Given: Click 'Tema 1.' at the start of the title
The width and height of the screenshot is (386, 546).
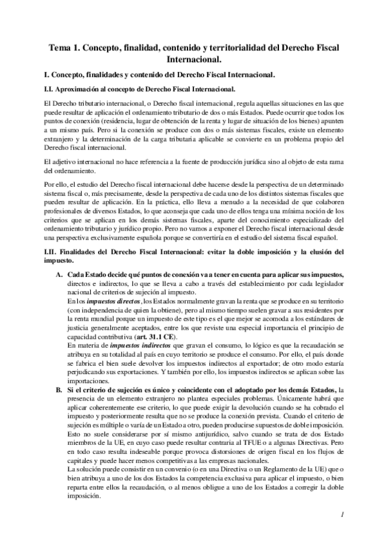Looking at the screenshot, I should [66, 49].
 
